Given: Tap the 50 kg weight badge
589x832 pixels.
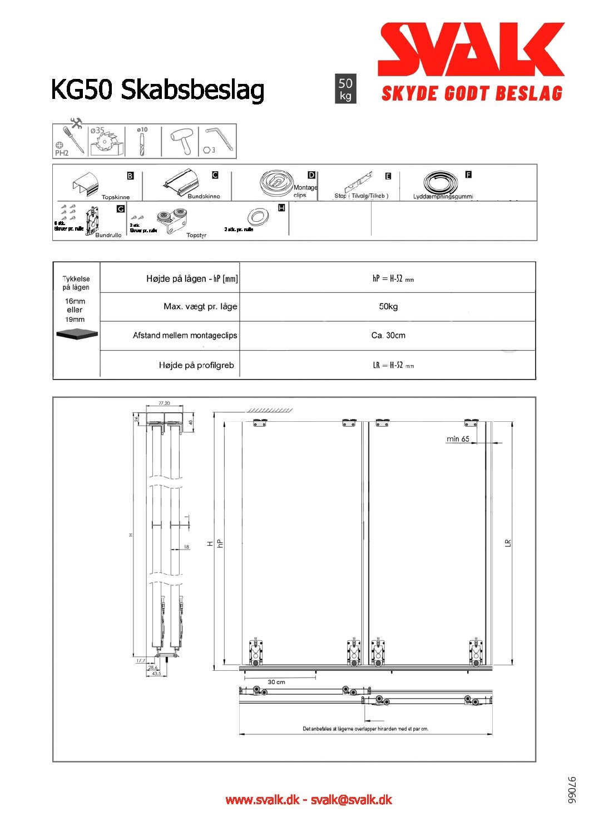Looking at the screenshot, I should [345, 88].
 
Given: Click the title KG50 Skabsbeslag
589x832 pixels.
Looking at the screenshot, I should [157, 89].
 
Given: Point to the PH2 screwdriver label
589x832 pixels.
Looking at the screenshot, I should [62, 153].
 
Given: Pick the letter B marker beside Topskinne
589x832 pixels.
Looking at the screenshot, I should [130, 176].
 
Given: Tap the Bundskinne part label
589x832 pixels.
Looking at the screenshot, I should [204, 196].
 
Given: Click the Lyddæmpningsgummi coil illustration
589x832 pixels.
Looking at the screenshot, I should [440, 182].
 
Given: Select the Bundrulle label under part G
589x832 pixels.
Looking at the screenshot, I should [108, 235].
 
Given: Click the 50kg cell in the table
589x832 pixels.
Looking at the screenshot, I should [388, 306].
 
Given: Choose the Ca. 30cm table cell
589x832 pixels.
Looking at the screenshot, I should [388, 335].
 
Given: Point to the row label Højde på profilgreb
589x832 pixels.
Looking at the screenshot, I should [196, 365].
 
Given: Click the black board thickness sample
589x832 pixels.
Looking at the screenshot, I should [77, 333].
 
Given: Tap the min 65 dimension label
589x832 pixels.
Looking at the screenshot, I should [458, 439].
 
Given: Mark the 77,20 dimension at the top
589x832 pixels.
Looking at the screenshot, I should [164, 403].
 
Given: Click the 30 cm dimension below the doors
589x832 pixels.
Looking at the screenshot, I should [276, 682].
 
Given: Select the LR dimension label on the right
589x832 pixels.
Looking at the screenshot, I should [507, 543].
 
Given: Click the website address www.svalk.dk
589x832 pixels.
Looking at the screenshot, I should [262, 800].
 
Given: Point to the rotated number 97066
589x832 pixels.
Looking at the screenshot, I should [572, 790].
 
